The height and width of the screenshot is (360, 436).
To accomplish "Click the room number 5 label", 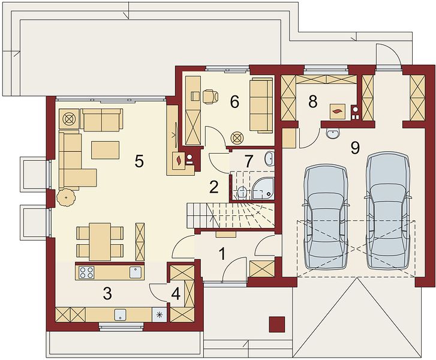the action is coord(139,161).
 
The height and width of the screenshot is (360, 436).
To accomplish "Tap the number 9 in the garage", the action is coord(354,148).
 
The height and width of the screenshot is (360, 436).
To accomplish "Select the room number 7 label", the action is coord(248,161).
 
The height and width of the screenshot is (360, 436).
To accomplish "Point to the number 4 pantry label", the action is coord(176,294).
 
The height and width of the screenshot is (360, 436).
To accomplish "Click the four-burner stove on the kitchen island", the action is coord(86,272).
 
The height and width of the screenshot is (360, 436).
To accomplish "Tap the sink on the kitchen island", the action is coord(136,272).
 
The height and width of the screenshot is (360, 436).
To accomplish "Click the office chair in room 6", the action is coord(211,97).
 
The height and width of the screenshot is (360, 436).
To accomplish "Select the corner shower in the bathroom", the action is coord(263,188).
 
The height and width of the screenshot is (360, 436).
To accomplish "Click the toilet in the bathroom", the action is coord(242,192).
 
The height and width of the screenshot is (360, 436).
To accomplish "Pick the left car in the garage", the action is coord(326,217).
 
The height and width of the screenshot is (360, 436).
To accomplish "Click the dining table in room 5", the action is coord(100,241).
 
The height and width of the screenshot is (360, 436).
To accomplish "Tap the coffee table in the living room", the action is coord(106,150).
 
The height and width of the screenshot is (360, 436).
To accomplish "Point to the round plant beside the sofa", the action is coord(66,197).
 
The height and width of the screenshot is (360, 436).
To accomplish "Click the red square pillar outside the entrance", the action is coord(277,325).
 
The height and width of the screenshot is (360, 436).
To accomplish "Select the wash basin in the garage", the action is coord(332,133).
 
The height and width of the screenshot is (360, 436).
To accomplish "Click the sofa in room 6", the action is coord(261,105).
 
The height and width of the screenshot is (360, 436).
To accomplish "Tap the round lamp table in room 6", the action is coord(237,138).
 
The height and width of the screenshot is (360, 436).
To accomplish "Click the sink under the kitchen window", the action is coord(121,314).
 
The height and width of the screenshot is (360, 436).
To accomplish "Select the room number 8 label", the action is coord(313,102).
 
